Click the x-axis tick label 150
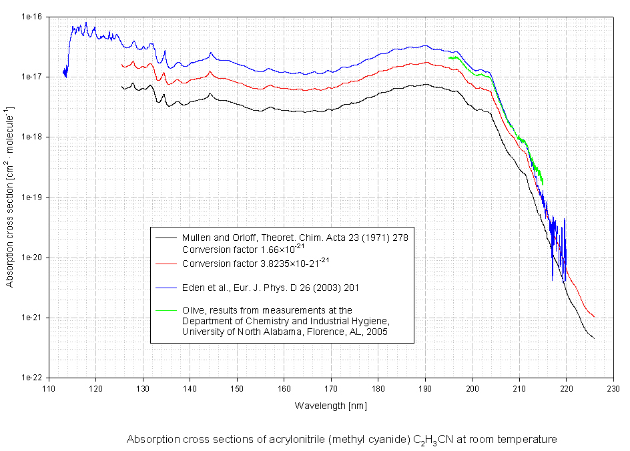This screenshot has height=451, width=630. coord(237,390)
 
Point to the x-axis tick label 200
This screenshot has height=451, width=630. coord(472,390)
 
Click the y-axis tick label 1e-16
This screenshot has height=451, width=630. coord(32,17)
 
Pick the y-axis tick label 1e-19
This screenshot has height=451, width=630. coord(32,197)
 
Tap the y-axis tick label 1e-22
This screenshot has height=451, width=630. coord(32,378)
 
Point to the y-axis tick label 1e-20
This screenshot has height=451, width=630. coord(32,258)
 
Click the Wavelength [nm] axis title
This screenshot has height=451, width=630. coord(330,406)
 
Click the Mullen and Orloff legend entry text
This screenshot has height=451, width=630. coord(294,238)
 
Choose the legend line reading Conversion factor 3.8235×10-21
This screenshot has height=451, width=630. coord(256,264)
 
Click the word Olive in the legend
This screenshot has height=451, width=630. coord(192,310)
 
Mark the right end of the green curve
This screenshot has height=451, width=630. coord(543,184)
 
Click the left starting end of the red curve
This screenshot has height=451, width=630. coord(121,65)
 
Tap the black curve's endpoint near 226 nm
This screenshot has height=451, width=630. coord(594,338)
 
